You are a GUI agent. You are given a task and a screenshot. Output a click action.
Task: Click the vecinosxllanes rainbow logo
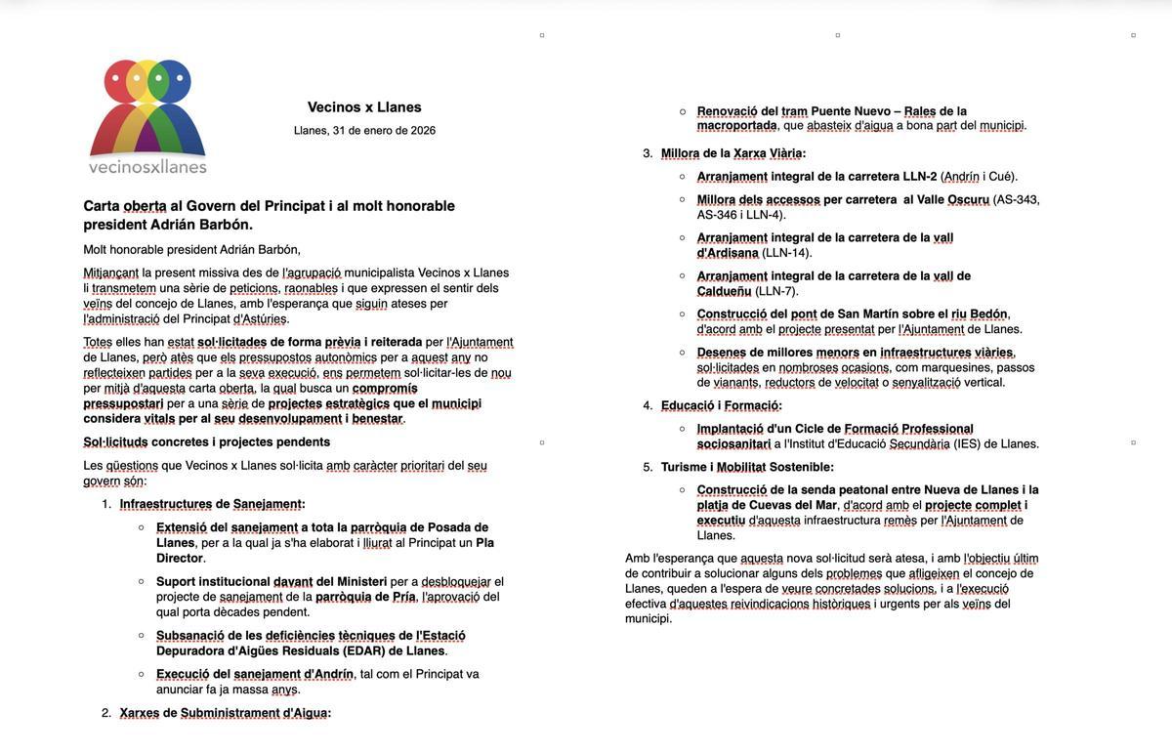coord(147,115)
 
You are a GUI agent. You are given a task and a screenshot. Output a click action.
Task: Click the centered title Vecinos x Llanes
coord(364,107)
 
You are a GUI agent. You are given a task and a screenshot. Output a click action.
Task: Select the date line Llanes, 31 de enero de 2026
coord(364,131)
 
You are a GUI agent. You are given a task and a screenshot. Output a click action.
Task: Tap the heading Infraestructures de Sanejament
coord(212,504)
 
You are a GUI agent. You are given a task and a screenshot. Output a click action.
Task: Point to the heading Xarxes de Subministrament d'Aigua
coord(225,713)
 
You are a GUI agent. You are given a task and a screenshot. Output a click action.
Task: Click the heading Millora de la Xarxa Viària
coord(732,153)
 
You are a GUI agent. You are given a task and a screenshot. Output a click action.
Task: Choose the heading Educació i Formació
coord(721,405)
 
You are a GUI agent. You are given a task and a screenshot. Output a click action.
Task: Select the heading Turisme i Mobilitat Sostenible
coord(747,467)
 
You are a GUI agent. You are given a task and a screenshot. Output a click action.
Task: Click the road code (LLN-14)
coord(787,253)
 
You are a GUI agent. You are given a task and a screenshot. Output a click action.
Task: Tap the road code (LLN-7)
coord(777,291)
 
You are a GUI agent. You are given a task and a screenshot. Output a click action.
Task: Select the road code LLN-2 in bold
coord(919,177)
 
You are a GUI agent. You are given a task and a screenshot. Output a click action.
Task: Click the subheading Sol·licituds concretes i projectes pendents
coord(206,442)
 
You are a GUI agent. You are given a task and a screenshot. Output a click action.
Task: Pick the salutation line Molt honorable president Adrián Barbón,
coord(191,250)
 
